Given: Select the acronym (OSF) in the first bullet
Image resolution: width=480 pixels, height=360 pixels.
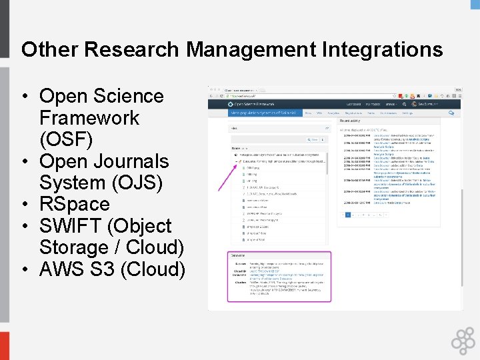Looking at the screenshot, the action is click(66, 139).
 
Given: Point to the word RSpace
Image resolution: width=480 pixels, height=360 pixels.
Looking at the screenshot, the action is click(74, 204).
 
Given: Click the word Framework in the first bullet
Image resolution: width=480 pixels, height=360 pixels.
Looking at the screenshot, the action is click(89, 118).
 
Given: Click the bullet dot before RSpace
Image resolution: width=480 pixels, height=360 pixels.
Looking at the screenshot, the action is click(24, 204).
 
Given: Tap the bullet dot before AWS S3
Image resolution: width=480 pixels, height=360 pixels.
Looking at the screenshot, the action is click(24, 269).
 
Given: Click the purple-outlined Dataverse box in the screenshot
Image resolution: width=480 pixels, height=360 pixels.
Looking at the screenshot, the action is click(269, 277).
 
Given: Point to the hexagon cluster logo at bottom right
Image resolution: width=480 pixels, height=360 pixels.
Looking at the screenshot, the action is click(463, 340).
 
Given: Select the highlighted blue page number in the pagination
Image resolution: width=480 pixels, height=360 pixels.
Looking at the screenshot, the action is click(347, 215).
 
